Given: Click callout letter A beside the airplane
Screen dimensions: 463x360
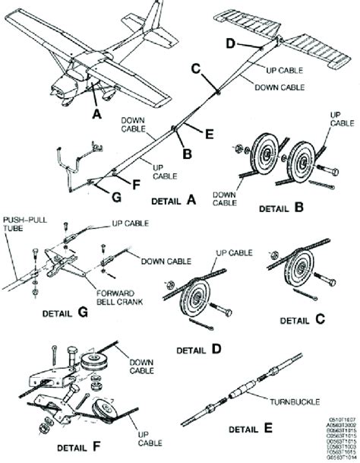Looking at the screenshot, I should [96, 114].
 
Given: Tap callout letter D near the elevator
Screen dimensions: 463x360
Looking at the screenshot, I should [231, 43].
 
